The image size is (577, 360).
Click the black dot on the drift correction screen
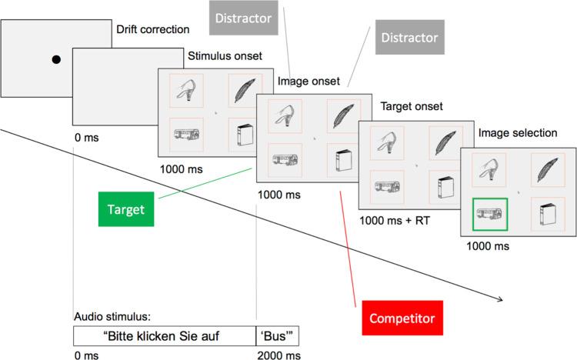coord(56,59)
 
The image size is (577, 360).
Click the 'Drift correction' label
coord(152,30)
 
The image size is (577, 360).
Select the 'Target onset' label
coord(412,106)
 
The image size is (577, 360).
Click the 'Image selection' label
coord(518,133)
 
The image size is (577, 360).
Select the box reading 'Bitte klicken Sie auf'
coord(164,335)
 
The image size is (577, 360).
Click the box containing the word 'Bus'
coord(277,335)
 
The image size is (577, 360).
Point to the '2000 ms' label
coord(277,355)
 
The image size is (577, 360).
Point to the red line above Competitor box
coord(347,246)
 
